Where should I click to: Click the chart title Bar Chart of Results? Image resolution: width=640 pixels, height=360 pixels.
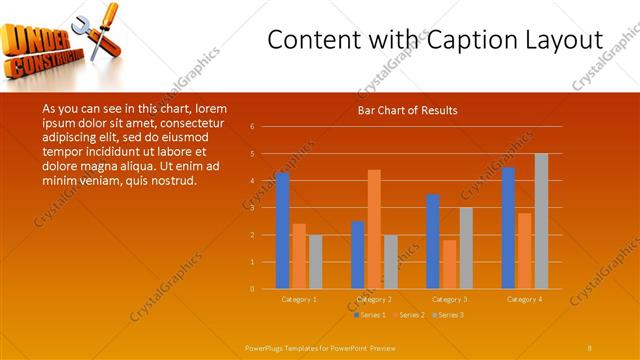click(x=407, y=110)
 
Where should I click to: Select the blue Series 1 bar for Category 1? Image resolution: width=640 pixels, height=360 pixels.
click(x=282, y=231)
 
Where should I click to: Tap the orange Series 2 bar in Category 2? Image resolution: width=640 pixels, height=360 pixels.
click(x=374, y=229)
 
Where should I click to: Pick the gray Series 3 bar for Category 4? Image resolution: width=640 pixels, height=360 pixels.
click(x=541, y=221)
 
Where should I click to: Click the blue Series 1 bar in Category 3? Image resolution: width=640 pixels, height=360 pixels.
click(x=432, y=241)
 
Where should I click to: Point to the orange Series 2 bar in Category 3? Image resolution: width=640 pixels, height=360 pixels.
click(x=449, y=264)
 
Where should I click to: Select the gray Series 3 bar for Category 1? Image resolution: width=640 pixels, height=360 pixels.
click(x=316, y=262)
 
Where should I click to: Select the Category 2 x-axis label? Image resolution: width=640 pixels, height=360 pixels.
click(x=374, y=299)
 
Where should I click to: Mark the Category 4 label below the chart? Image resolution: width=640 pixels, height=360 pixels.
click(x=524, y=299)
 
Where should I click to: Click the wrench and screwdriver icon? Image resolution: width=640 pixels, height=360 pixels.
click(x=102, y=30)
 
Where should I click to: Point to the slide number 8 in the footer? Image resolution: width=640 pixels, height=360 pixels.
click(x=590, y=346)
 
